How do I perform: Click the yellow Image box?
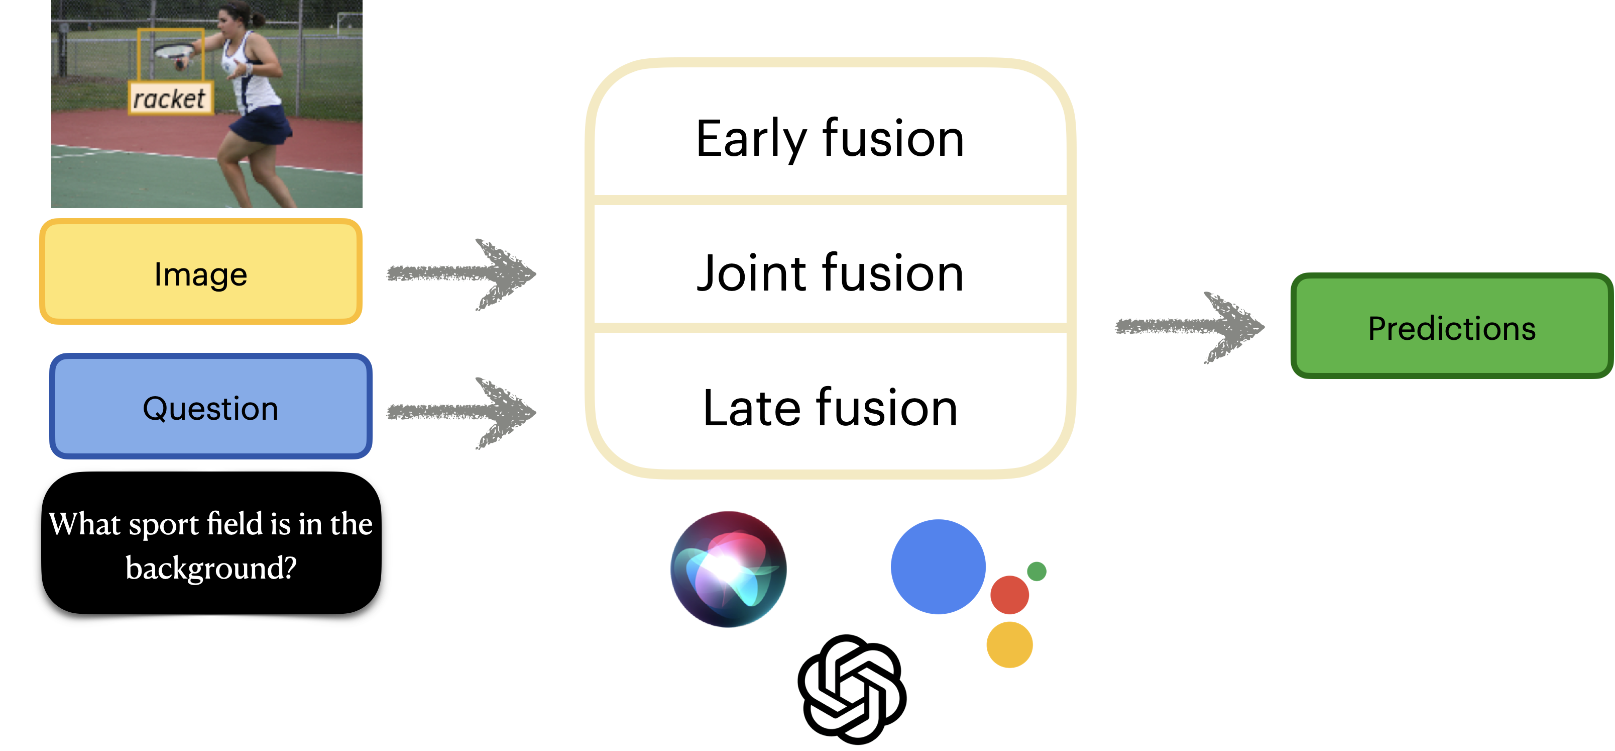[x=201, y=271]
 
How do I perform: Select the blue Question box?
[x=210, y=407]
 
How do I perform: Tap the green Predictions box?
[x=1452, y=326]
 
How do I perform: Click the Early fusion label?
[x=830, y=139]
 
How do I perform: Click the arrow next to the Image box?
[x=462, y=274]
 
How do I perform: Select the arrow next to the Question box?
[x=462, y=413]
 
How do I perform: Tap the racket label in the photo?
[x=170, y=99]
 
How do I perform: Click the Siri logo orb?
[x=729, y=569]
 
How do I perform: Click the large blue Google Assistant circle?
[x=938, y=567]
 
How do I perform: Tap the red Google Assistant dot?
[x=1009, y=595]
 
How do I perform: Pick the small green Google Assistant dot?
[x=1036, y=572]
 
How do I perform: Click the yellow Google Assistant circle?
[x=1009, y=644]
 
